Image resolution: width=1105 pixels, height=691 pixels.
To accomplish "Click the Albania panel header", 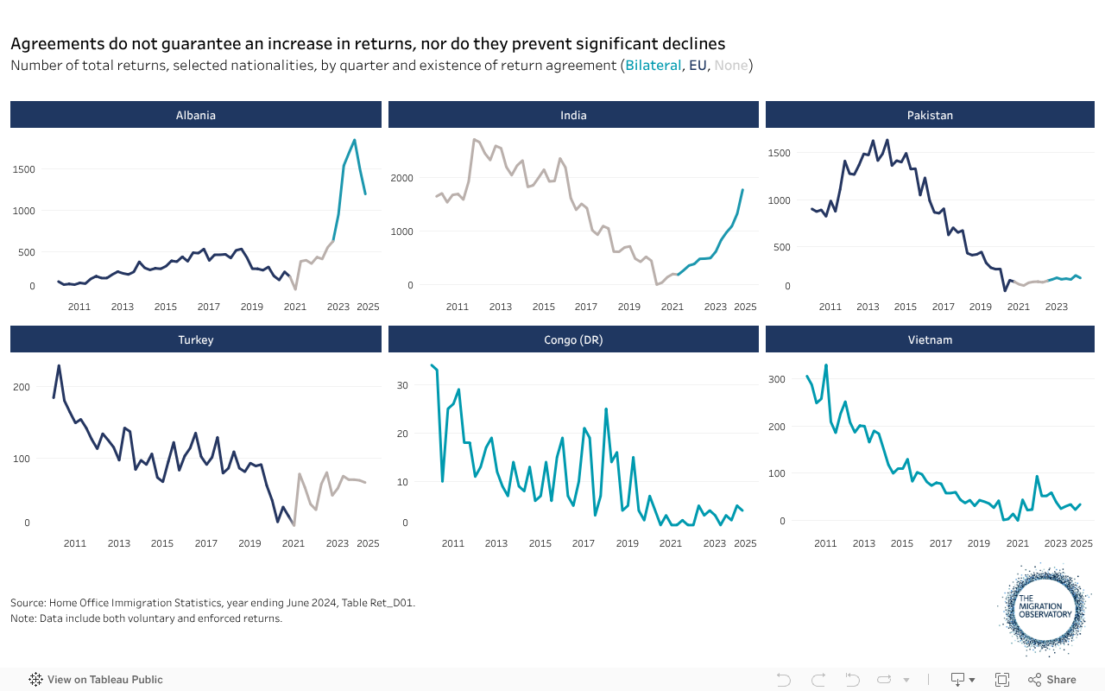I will pyautogui.click(x=196, y=115).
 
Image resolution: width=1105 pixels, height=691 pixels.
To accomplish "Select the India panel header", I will pyautogui.click(x=573, y=115).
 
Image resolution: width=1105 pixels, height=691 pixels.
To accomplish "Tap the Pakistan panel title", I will pyautogui.click(x=930, y=115).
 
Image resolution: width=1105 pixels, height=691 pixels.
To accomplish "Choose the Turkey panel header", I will pyautogui.click(x=196, y=339).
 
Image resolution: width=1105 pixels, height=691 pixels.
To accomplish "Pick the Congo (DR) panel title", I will pyautogui.click(x=573, y=339).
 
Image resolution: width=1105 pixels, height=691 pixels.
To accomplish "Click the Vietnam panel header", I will pyautogui.click(x=930, y=339).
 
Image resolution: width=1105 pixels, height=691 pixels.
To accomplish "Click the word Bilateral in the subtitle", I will pyautogui.click(x=653, y=66).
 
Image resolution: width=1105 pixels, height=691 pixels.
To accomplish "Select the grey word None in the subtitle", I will pyautogui.click(x=731, y=66).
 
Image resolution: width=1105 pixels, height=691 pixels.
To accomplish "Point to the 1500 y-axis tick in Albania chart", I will pyautogui.click(x=23, y=169).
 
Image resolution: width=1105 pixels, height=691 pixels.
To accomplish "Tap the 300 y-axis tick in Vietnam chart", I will pyautogui.click(x=778, y=379).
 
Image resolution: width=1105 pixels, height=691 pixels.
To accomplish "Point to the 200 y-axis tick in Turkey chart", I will pyautogui.click(x=21, y=387).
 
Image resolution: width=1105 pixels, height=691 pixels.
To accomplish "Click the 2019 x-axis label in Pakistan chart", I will pyautogui.click(x=980, y=307).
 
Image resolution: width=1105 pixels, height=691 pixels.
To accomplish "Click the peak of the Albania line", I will pyautogui.click(x=354, y=140).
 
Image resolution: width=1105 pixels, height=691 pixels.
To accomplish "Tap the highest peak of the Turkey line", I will pyautogui.click(x=59, y=365).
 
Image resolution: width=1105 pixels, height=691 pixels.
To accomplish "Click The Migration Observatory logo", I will pyautogui.click(x=1045, y=608).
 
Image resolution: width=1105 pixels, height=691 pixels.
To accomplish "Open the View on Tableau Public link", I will pyautogui.click(x=96, y=680).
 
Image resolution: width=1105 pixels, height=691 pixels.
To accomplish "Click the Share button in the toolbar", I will pyautogui.click(x=1052, y=680).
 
